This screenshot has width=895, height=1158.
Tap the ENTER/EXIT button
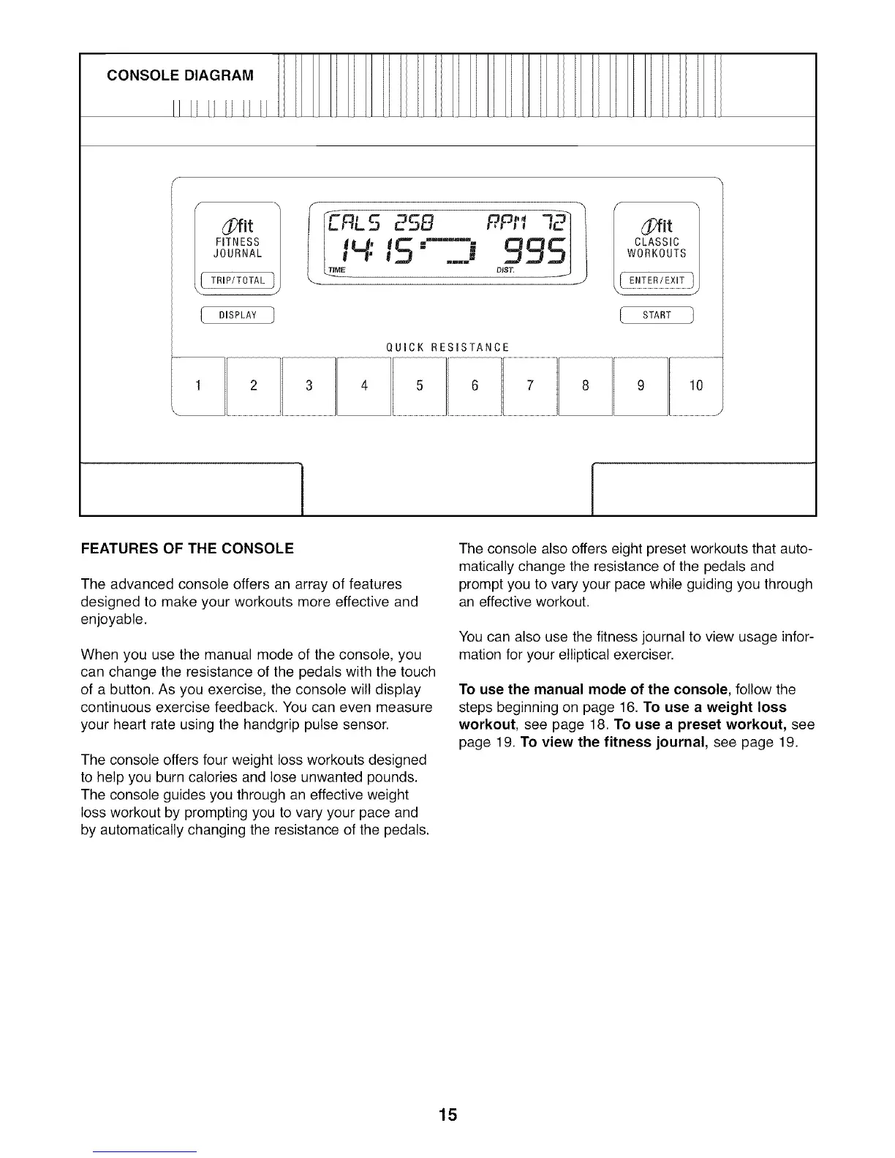(x=657, y=281)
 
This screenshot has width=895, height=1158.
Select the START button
(x=657, y=315)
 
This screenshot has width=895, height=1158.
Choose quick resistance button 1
(x=198, y=385)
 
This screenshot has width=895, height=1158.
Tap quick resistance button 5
(x=420, y=385)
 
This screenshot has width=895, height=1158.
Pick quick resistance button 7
(x=530, y=385)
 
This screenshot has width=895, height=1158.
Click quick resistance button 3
(x=309, y=385)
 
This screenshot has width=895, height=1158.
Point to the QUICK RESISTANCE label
(x=447, y=347)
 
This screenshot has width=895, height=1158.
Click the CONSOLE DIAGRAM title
(x=180, y=75)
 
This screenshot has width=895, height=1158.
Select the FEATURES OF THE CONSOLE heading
(x=187, y=548)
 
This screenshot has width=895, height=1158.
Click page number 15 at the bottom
(x=447, y=1115)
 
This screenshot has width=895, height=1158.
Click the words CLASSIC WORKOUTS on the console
(x=657, y=248)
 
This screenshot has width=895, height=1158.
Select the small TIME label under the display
(x=337, y=270)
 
